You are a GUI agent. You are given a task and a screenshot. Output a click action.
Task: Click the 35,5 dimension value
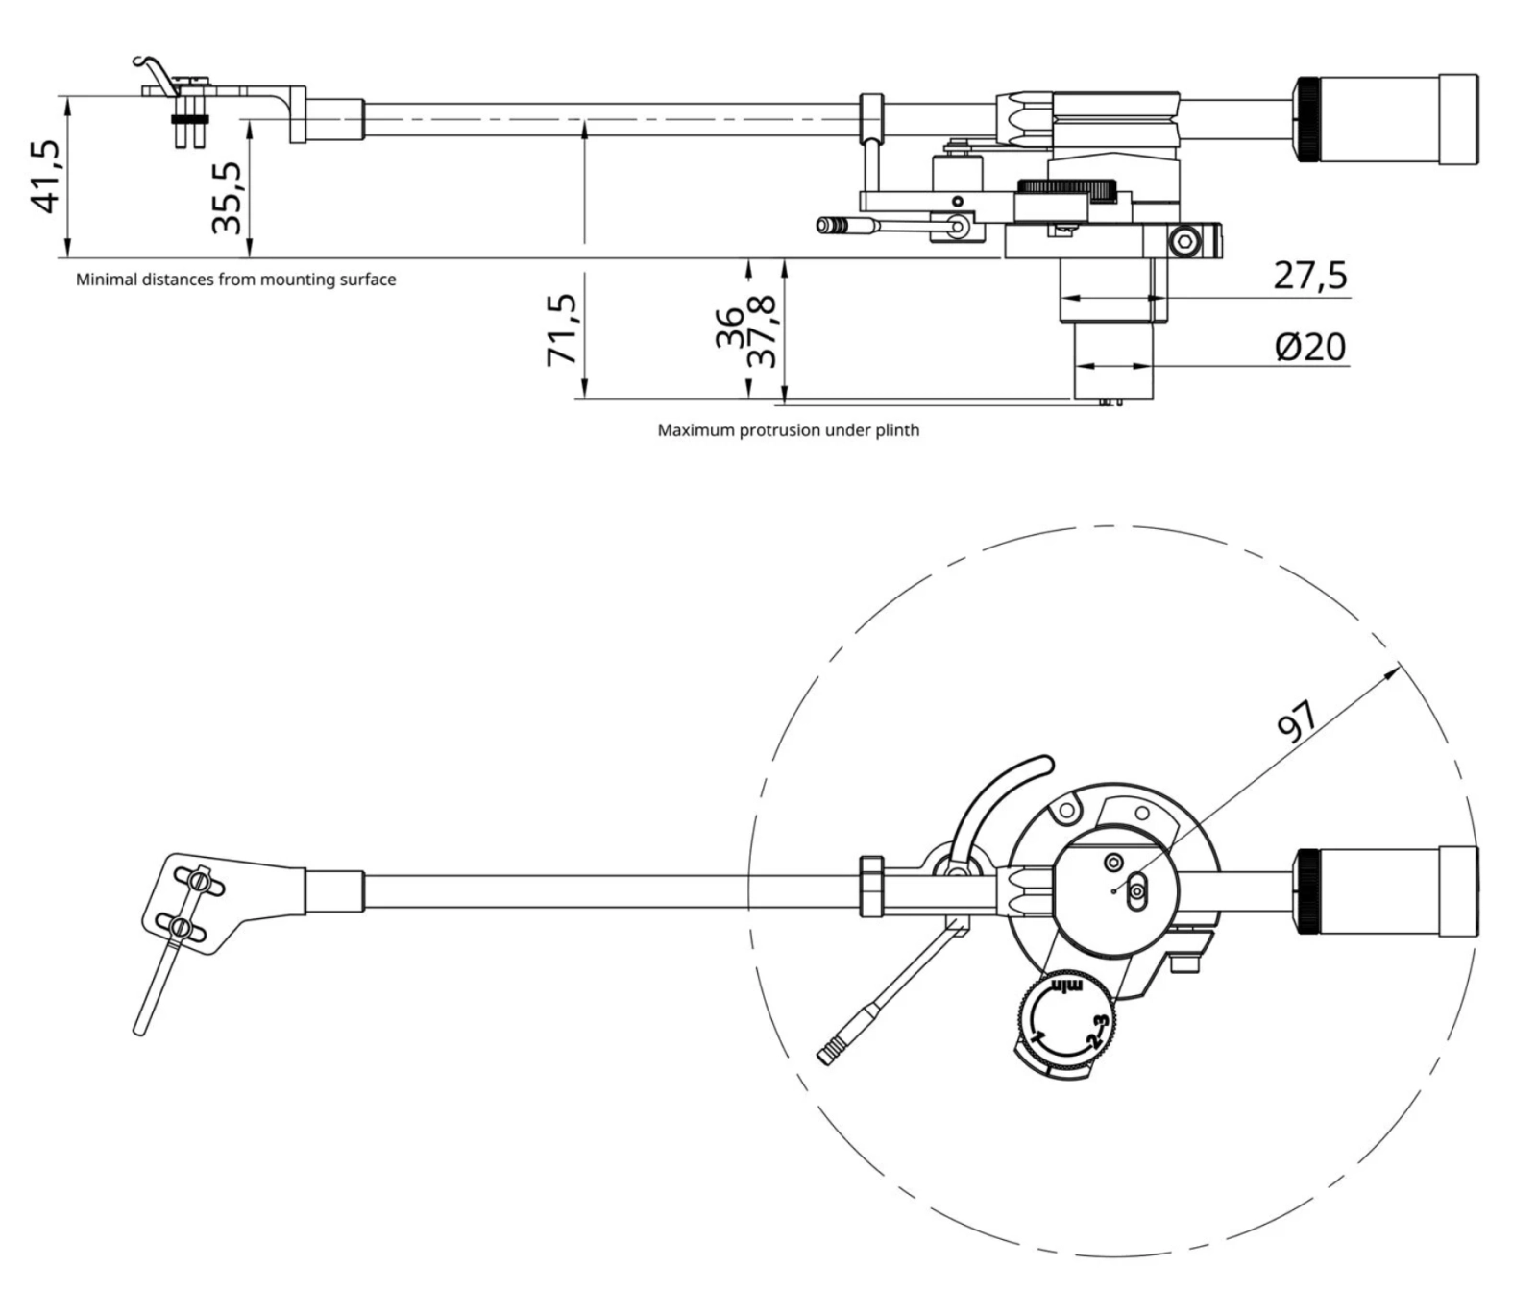228,198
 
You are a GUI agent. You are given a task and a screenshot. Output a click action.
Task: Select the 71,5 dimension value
562,329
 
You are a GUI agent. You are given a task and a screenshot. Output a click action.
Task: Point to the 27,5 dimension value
1310,276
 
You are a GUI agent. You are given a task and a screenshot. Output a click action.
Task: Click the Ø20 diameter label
1310,347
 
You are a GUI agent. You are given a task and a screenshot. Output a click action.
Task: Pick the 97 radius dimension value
1300,721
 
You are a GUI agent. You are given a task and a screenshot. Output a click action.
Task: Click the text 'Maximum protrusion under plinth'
788,430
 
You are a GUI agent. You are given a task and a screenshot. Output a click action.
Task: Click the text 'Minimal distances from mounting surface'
235,280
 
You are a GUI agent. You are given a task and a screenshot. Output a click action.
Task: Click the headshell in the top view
197,903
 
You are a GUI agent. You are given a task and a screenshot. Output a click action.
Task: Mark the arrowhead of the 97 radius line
1393,671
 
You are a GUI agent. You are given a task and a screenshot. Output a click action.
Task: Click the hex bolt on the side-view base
1186,240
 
